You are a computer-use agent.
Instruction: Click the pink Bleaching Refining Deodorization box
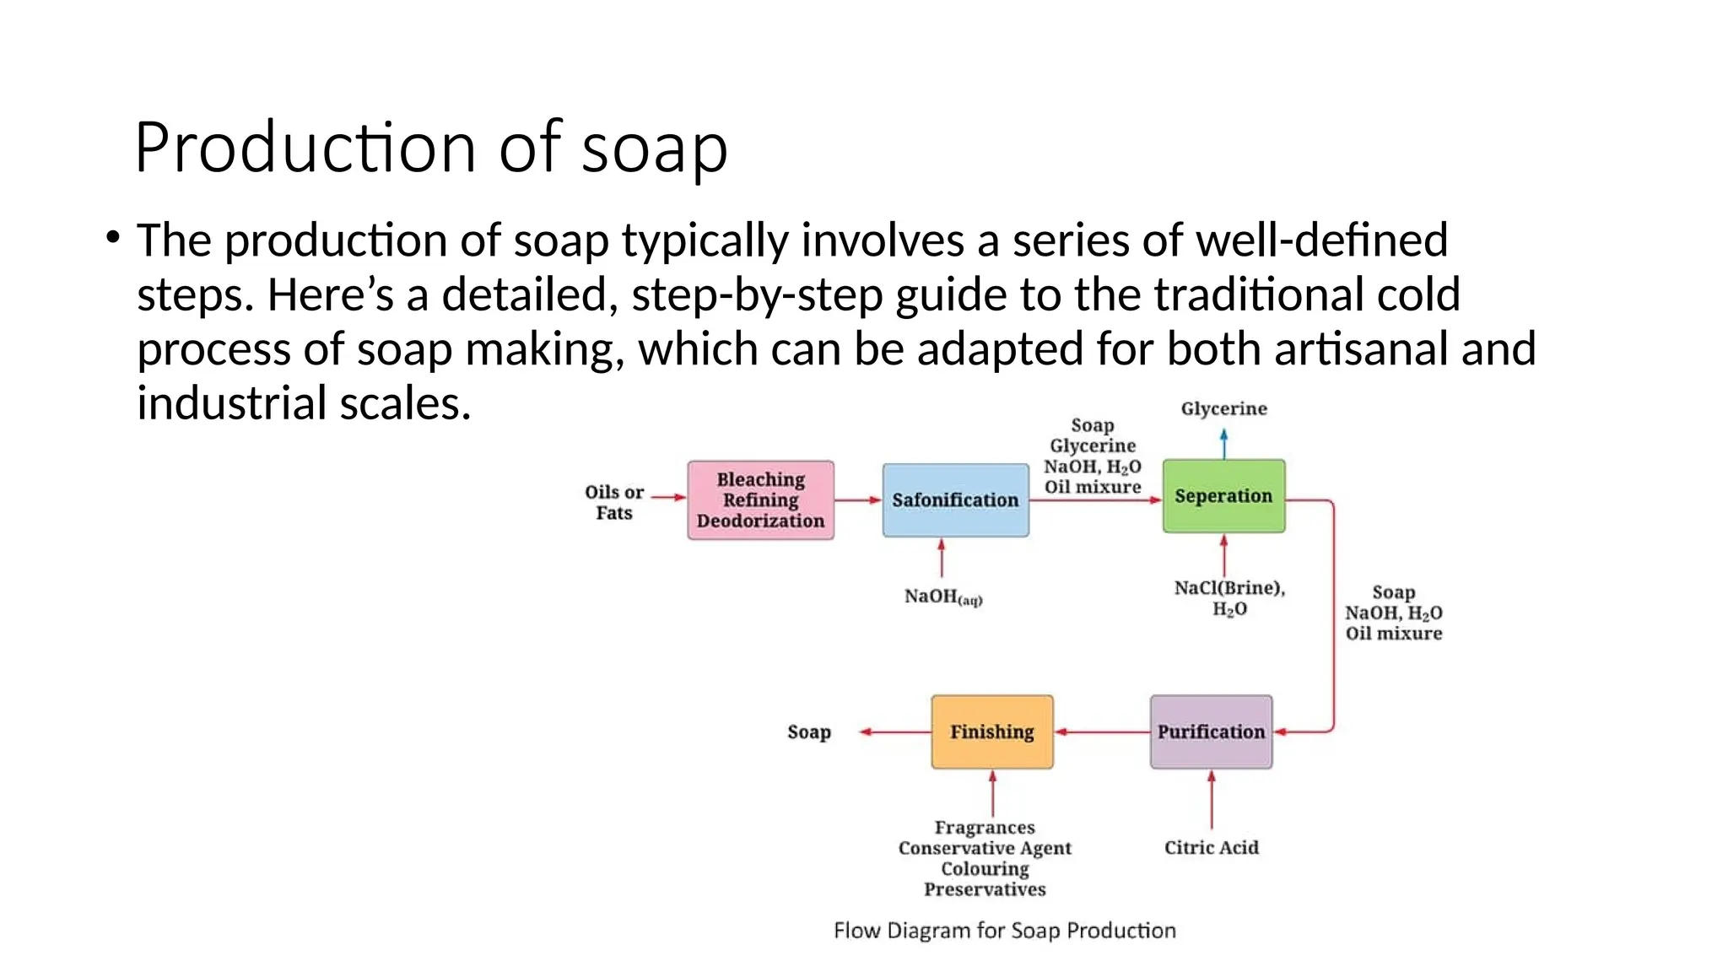click(x=760, y=499)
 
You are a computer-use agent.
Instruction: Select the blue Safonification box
click(x=955, y=499)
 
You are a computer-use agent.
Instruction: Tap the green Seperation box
click(x=1223, y=495)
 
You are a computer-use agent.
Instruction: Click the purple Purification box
click(x=1211, y=732)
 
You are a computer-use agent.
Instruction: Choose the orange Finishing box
click(x=992, y=732)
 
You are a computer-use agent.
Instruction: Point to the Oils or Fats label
click(x=613, y=502)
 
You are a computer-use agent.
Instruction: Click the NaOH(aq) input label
click(x=942, y=597)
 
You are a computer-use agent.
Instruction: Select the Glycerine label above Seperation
click(x=1223, y=408)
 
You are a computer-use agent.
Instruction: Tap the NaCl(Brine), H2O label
click(x=1229, y=597)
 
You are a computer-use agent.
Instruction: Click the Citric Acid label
click(x=1211, y=847)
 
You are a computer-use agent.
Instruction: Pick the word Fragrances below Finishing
click(x=984, y=827)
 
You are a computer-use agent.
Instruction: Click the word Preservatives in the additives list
click(x=984, y=889)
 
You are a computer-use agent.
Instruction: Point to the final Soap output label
click(x=808, y=732)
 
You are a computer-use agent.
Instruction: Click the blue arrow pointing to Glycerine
click(x=1223, y=443)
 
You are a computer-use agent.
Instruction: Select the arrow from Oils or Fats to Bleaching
click(x=668, y=497)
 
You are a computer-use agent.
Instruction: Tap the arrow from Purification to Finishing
click(x=1101, y=732)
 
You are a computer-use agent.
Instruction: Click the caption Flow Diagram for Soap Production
click(x=1004, y=930)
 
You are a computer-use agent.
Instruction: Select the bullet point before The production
click(x=113, y=238)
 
